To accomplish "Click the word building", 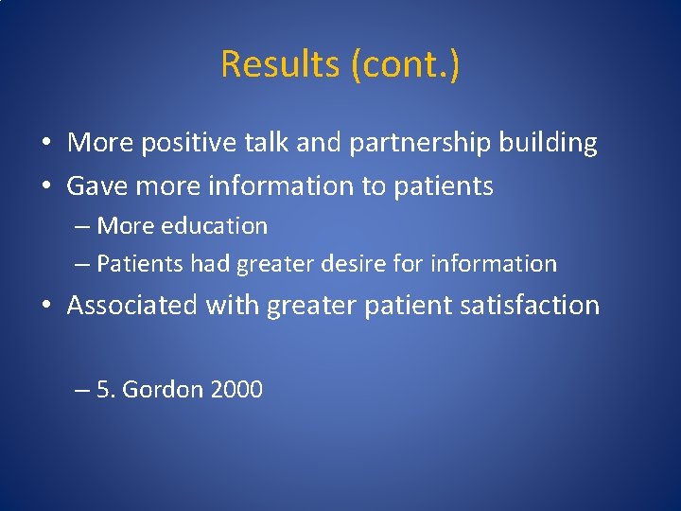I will (x=550, y=143).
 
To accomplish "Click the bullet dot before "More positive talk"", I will (x=45, y=144).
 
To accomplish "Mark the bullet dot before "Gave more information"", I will (x=45, y=187).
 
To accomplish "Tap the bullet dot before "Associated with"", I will (x=45, y=306).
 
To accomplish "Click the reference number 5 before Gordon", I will (x=104, y=389).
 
